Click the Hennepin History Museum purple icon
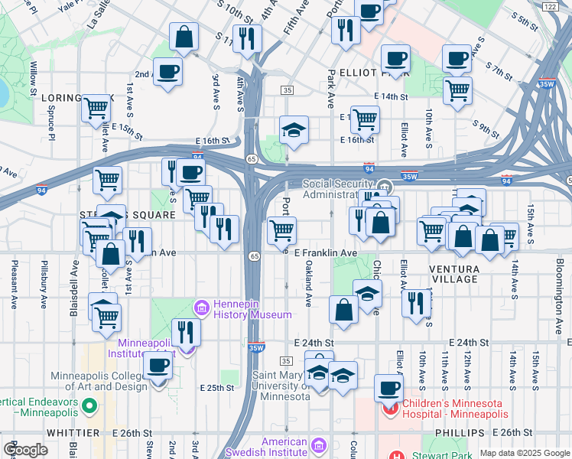pyautogui.click(x=202, y=308)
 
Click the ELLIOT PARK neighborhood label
pyautogui.click(x=364, y=73)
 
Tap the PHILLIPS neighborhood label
pyautogui.click(x=459, y=433)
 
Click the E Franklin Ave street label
pyautogui.click(x=326, y=252)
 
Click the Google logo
pyautogui.click(x=25, y=449)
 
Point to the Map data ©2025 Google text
pyautogui.click(x=525, y=453)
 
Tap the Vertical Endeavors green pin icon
pyautogui.click(x=89, y=406)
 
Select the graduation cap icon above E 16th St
pyautogui.click(x=293, y=129)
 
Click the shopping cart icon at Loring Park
pyautogui.click(x=96, y=109)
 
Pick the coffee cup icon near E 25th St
pyautogui.click(x=158, y=366)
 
